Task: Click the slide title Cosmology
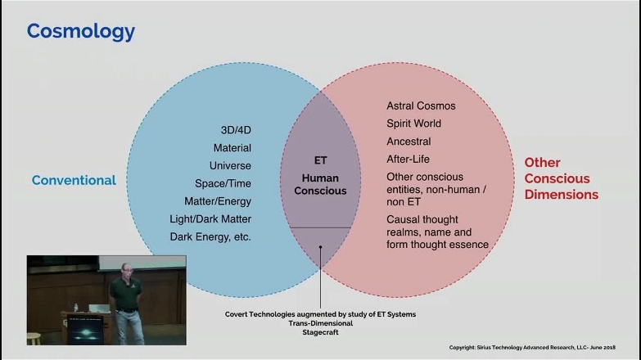click(x=80, y=31)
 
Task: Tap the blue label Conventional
click(x=74, y=180)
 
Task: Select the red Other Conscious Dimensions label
click(x=561, y=178)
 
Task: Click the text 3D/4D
click(x=236, y=130)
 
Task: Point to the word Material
click(x=232, y=148)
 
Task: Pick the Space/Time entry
click(x=223, y=183)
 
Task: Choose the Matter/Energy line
click(x=218, y=201)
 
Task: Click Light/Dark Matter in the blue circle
click(x=212, y=218)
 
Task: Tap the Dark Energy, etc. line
click(x=210, y=236)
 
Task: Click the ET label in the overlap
click(x=320, y=160)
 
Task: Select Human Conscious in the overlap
click(x=320, y=184)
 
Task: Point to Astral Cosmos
click(x=421, y=106)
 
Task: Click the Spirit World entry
click(x=413, y=124)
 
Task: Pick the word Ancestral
click(x=409, y=141)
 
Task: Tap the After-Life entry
click(x=408, y=159)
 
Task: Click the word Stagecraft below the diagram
click(x=320, y=333)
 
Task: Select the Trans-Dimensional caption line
click(x=320, y=323)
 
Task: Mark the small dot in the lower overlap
click(x=320, y=248)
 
